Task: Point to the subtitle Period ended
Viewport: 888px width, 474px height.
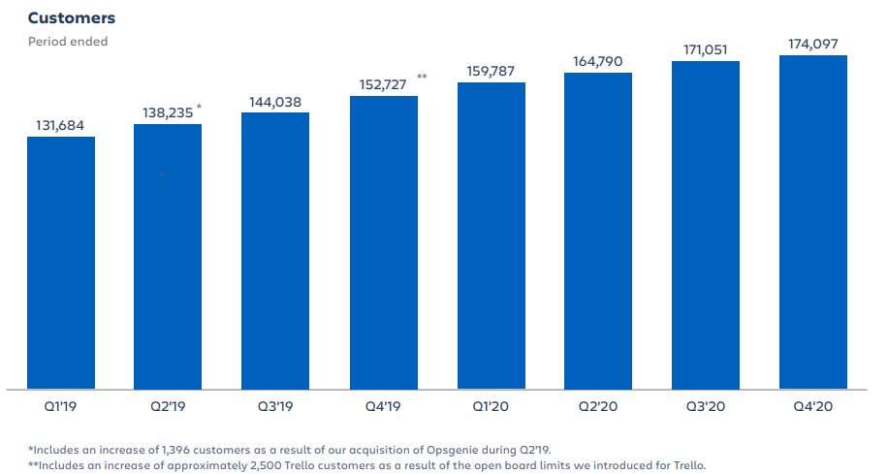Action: pos(68,42)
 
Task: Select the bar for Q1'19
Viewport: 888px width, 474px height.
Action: pos(61,263)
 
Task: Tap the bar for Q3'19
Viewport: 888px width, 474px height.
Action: pos(275,251)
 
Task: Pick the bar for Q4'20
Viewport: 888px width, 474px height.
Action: pos(813,222)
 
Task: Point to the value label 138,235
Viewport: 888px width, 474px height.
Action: pos(165,112)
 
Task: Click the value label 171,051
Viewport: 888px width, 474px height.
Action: pos(706,49)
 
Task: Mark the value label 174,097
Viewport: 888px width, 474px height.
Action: pos(813,43)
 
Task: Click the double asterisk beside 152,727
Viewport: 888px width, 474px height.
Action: pos(422,77)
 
